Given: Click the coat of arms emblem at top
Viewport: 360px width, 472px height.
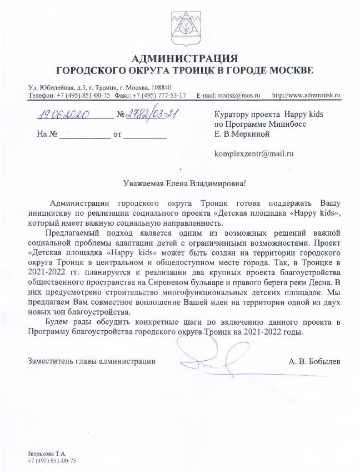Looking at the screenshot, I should (180, 25).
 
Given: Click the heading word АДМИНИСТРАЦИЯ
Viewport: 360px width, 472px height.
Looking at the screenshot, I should (180, 58).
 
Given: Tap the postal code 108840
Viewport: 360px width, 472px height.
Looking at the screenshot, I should (160, 87).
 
